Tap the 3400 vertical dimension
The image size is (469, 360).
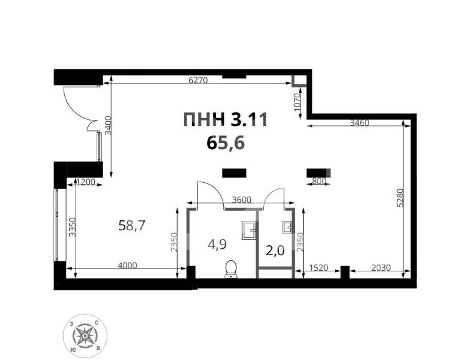(x=108, y=126)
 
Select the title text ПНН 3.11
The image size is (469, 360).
(x=225, y=120)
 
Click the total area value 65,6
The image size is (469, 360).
(x=225, y=143)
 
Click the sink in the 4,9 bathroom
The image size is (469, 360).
(x=249, y=230)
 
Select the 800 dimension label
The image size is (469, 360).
(x=319, y=182)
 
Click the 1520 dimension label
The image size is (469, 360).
(x=319, y=268)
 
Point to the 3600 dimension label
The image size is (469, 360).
(x=241, y=200)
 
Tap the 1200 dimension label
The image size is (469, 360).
(x=84, y=182)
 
